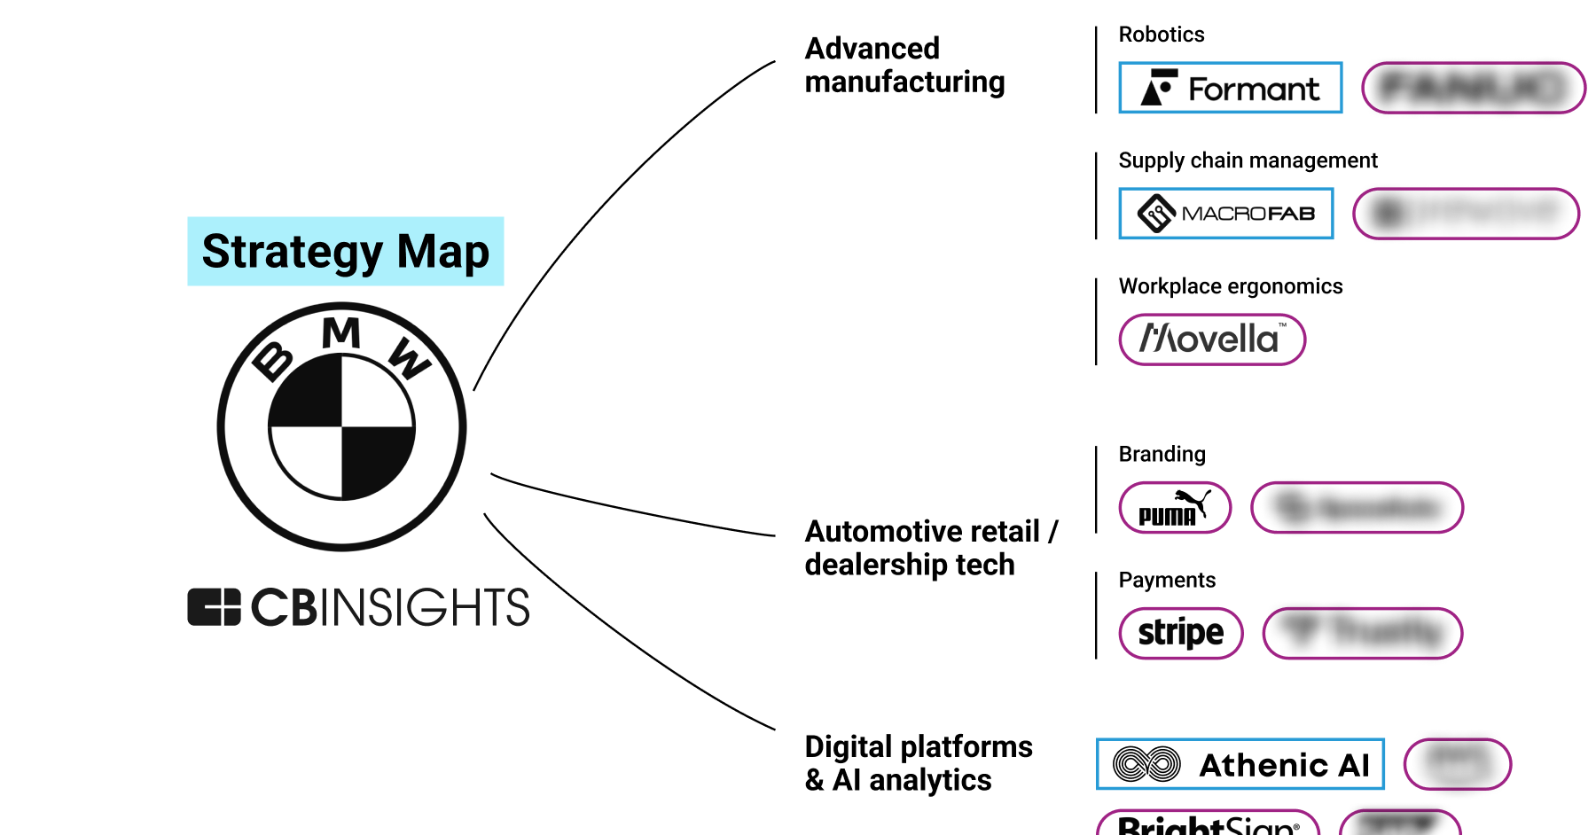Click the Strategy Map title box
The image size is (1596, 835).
coord(345,251)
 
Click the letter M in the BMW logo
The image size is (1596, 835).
coord(341,333)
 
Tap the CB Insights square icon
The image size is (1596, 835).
coord(214,607)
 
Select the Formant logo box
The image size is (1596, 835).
coord(1230,88)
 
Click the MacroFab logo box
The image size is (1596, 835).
coord(1225,214)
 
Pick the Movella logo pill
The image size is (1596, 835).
coord(1211,339)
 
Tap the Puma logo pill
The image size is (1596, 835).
coord(1175,508)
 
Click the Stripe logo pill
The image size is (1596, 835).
coord(1180,633)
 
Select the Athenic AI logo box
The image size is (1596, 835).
coord(1240,764)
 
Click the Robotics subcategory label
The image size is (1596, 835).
coord(1161,35)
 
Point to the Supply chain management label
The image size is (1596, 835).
coord(1248,160)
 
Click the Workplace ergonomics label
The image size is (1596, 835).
coord(1230,286)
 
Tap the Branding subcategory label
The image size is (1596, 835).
coord(1162,454)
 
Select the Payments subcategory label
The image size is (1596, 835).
coord(1166,580)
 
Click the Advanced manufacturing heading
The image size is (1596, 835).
coord(904,65)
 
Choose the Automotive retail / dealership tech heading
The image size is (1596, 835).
coord(931,548)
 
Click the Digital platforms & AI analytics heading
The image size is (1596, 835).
coord(918,762)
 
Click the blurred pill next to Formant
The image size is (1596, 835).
coord(1473,88)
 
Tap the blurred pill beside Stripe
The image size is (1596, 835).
coord(1362,633)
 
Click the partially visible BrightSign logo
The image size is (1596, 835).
coord(1208,824)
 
